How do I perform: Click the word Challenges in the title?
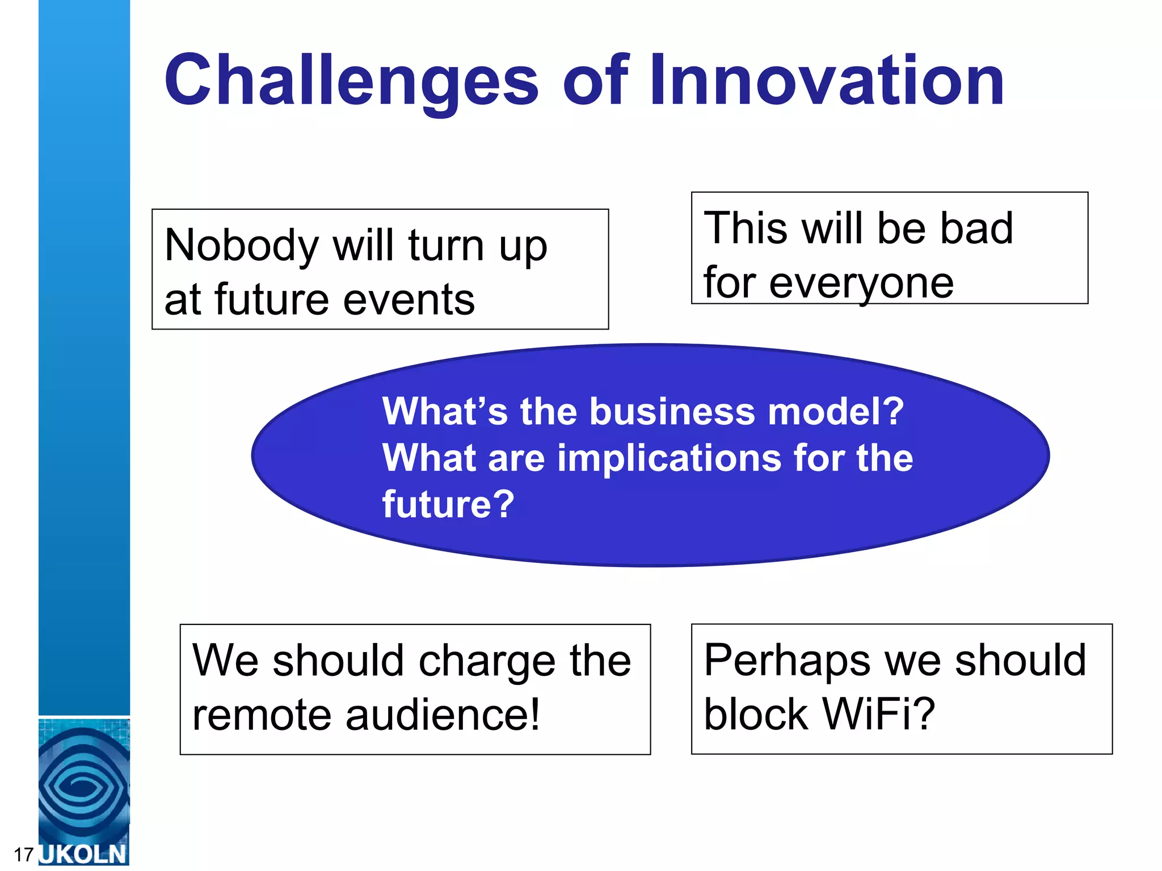coord(351,81)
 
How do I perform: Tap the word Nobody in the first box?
coord(242,246)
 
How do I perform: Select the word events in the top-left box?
coord(409,300)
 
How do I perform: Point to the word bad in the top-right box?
coord(976,228)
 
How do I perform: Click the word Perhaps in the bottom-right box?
coord(786,661)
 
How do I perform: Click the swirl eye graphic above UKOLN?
coord(83,785)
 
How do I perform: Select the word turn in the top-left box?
coord(445,246)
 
